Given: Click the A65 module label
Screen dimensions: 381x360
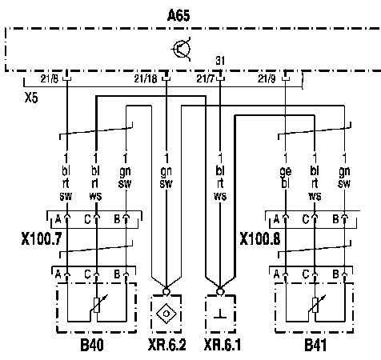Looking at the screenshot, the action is (x=178, y=15).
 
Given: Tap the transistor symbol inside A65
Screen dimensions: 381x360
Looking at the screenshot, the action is (x=182, y=49).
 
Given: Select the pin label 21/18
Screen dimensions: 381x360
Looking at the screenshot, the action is (x=146, y=79).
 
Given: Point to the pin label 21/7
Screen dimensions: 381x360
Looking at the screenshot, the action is (x=206, y=79).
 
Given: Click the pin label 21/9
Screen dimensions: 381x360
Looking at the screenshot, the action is (x=267, y=79).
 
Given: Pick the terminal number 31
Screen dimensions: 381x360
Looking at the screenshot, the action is (x=220, y=61).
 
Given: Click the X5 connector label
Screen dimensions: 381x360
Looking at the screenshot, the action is (x=31, y=98).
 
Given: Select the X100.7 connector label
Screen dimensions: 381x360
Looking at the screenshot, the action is (x=42, y=238).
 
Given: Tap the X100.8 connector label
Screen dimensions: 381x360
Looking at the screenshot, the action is (x=260, y=238).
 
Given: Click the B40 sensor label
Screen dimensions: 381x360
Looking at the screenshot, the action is (x=92, y=346).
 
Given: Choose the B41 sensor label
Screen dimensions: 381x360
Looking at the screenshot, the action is (x=315, y=346).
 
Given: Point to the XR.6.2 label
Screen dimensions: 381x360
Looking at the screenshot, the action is (x=166, y=346).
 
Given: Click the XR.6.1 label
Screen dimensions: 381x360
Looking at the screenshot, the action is (x=223, y=346).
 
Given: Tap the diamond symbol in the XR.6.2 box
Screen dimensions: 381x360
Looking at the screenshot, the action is (x=166, y=314).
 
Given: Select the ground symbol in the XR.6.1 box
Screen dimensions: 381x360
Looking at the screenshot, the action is (x=220, y=314).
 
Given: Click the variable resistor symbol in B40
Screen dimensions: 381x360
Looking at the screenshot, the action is (x=98, y=306).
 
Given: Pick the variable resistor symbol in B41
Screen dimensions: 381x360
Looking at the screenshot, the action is (x=315, y=306).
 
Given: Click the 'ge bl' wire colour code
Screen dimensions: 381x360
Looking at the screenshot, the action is (x=285, y=178).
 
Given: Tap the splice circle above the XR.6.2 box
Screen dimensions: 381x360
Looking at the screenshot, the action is (x=166, y=291).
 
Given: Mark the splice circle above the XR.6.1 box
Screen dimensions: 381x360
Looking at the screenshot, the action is (x=220, y=291).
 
